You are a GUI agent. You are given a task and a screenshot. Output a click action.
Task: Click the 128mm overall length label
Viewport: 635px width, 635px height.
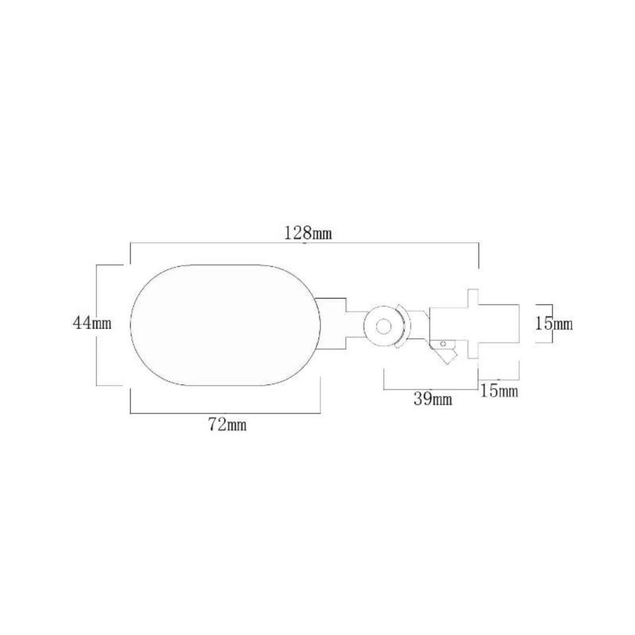308,233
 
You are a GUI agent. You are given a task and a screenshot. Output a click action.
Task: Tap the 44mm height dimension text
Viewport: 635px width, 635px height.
92,323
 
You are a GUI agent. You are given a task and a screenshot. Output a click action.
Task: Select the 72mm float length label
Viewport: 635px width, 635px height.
227,425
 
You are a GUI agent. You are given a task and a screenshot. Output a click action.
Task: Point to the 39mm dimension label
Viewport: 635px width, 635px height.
433,400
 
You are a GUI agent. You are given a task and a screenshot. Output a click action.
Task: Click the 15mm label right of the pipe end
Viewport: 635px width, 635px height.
554,324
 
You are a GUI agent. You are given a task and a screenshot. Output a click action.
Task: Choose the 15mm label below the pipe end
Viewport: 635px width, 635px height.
499,390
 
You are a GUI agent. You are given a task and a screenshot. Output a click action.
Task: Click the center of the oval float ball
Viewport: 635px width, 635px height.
225,325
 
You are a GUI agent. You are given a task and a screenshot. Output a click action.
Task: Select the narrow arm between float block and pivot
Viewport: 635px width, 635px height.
355,325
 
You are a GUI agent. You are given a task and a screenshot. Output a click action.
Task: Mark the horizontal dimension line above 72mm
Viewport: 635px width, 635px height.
225,413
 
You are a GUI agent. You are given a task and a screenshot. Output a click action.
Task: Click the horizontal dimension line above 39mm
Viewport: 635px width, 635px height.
430,389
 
